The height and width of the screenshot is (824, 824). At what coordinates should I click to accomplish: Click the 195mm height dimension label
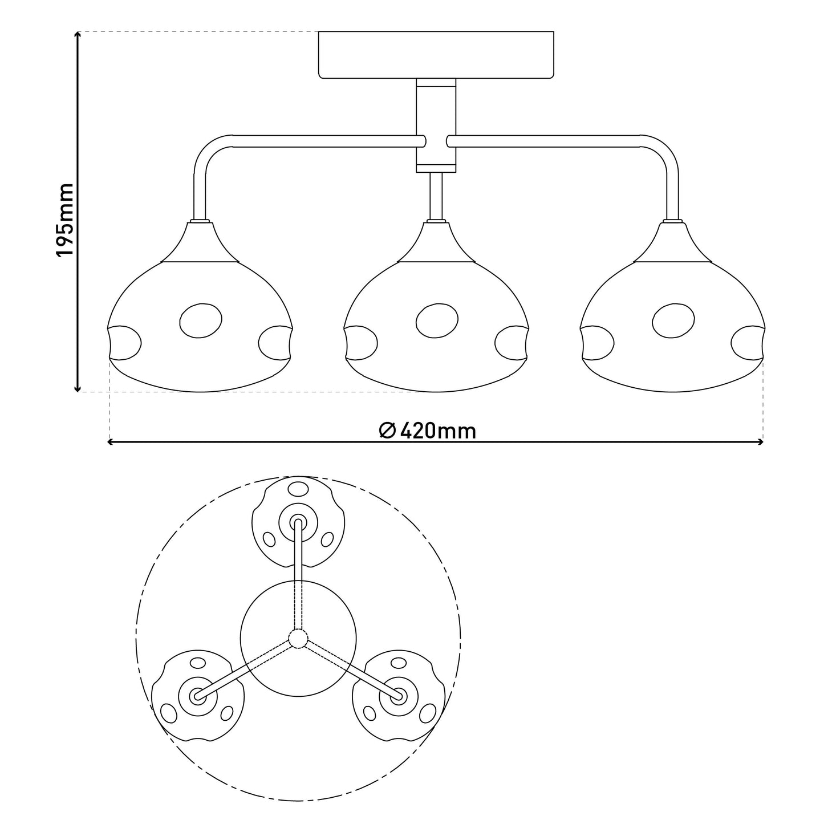(66, 220)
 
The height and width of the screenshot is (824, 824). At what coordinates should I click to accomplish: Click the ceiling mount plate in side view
(436, 55)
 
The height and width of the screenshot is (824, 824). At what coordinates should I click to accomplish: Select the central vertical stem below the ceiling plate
(436, 125)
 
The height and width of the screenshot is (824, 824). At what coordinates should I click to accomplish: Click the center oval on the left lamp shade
(201, 320)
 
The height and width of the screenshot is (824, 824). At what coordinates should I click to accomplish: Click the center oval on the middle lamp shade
(437, 320)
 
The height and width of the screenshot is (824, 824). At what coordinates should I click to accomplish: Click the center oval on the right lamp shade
(673, 320)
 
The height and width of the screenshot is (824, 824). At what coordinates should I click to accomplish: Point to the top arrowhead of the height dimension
(78, 35)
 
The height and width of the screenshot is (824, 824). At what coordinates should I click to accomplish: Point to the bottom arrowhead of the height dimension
(78, 388)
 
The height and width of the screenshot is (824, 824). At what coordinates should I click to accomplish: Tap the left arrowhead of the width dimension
(111, 442)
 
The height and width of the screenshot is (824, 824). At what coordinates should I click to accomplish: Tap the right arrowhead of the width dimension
(760, 442)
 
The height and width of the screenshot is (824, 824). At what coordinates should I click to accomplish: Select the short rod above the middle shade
(436, 196)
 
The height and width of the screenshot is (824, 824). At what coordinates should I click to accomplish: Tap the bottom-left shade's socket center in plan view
(197, 696)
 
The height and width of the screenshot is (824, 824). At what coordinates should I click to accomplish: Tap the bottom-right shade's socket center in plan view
(399, 696)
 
